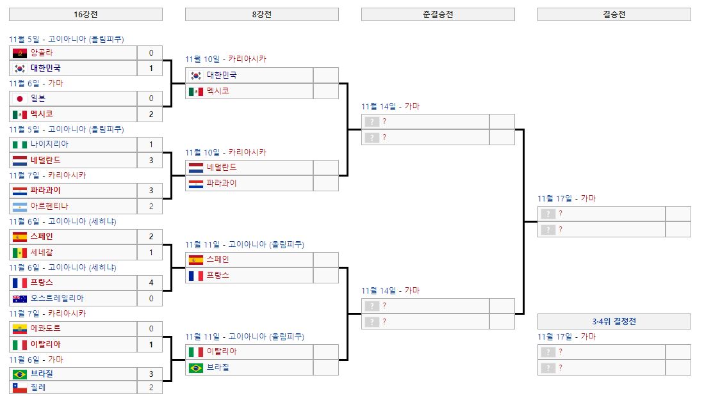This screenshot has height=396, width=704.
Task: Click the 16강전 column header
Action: point(86,14)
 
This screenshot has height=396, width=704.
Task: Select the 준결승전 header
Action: point(438,14)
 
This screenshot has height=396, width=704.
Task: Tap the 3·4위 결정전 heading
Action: point(614,321)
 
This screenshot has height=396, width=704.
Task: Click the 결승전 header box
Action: point(614,14)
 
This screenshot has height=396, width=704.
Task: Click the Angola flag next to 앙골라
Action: point(20,52)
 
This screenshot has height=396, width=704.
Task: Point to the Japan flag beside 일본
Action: point(20,99)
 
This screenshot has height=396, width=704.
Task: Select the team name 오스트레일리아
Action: point(57,298)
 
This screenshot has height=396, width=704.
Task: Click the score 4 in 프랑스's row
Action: point(151,283)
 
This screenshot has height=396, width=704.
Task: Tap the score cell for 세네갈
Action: point(151,252)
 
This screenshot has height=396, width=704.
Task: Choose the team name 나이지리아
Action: point(49,145)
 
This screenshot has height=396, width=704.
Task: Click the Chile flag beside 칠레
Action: point(20,388)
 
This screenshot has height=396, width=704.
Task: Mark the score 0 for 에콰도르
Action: point(151,329)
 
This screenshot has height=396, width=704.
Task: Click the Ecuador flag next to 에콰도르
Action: point(20,329)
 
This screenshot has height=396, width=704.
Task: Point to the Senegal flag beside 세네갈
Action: point(20,252)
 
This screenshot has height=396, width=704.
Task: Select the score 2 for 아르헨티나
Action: point(151,206)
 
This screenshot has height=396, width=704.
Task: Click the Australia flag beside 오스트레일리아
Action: point(20,298)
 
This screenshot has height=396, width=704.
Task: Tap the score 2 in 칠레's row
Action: point(151,388)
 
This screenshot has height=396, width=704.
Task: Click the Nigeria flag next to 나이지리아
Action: point(20,145)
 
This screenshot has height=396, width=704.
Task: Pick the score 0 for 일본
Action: point(151,99)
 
